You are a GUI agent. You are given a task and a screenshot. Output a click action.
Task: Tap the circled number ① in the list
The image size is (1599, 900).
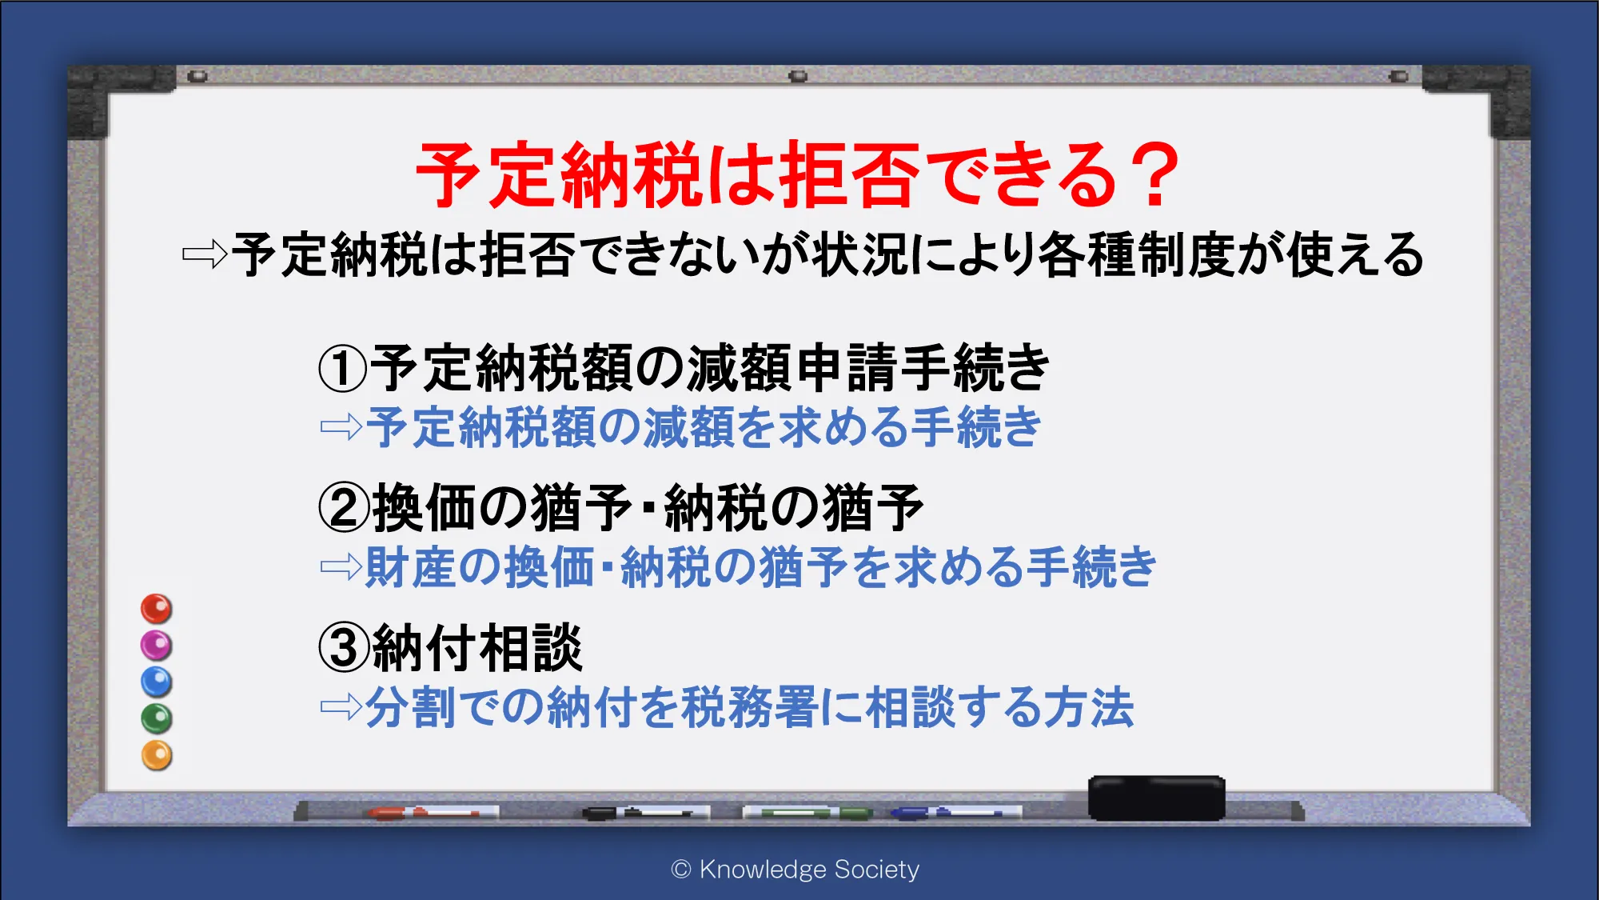tap(343, 369)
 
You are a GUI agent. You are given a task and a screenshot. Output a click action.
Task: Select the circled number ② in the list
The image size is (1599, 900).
tap(344, 508)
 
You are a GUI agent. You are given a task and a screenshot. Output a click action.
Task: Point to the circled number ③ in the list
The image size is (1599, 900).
tap(344, 648)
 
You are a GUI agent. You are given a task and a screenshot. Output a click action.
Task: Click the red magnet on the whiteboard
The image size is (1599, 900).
tap(157, 609)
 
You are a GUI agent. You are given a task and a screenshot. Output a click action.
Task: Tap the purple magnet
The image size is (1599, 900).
tap(157, 646)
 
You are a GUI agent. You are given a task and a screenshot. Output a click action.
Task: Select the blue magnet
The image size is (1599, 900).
tap(157, 682)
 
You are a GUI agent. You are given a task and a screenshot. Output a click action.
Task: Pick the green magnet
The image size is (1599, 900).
tap(157, 718)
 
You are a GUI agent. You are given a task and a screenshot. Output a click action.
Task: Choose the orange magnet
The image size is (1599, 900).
tap(157, 755)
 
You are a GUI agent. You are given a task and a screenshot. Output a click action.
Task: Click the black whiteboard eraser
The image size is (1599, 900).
tap(1156, 798)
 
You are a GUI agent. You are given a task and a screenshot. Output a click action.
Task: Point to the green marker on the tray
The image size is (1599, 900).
tap(807, 813)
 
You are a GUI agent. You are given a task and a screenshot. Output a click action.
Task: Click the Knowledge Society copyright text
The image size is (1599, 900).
tap(796, 870)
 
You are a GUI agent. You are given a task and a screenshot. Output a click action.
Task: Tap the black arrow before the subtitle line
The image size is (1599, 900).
tap(205, 255)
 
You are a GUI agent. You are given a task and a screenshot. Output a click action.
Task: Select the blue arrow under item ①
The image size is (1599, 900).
tap(341, 426)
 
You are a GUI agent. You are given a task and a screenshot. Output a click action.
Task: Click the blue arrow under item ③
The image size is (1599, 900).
tap(341, 706)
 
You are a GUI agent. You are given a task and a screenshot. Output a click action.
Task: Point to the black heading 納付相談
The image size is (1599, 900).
tap(477, 648)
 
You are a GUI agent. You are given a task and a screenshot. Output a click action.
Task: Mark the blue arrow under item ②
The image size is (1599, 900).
tap(341, 567)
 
